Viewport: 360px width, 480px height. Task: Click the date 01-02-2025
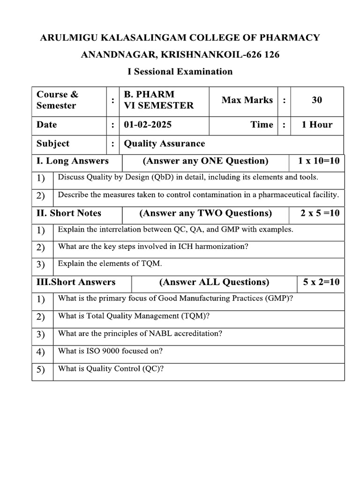point(148,125)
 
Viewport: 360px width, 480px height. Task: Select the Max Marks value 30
point(317,100)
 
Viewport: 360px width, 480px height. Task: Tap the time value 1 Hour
point(317,125)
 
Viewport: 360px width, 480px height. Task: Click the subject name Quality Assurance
point(164,143)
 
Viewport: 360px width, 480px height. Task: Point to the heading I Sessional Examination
point(180,71)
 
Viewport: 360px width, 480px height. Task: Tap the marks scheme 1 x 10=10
point(319,161)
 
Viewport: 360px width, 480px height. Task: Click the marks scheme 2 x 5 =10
point(320,213)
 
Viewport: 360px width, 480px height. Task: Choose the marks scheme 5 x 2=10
point(321,282)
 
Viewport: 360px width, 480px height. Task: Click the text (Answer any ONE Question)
point(205,161)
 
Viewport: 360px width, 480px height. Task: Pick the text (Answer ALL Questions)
point(214,282)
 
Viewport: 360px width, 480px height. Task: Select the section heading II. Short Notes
point(69,213)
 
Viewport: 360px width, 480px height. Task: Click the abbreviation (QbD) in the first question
point(160,177)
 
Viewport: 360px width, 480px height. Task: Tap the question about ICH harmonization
point(153,247)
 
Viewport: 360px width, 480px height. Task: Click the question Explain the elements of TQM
point(110,264)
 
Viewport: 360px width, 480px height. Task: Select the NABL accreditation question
point(140,334)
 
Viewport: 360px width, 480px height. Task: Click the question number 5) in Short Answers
point(41,370)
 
